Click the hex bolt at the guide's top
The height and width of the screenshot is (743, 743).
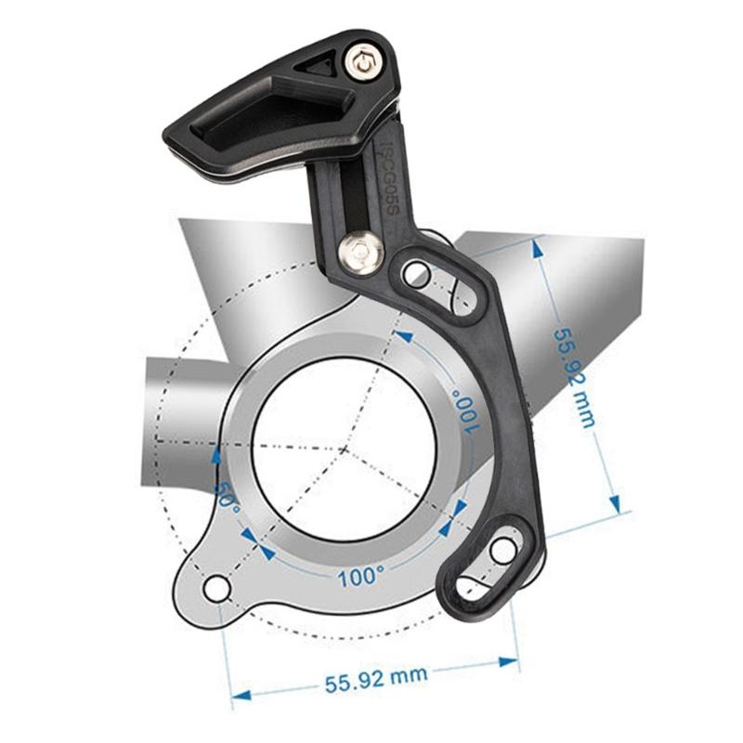[363, 62]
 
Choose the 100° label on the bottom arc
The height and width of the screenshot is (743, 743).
[360, 576]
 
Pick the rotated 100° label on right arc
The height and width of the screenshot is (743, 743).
[466, 410]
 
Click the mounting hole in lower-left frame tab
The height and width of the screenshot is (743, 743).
[216, 588]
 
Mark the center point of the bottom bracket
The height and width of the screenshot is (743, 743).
[344, 450]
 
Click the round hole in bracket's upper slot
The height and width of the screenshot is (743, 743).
[417, 273]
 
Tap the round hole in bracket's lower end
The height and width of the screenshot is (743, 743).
[503, 550]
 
